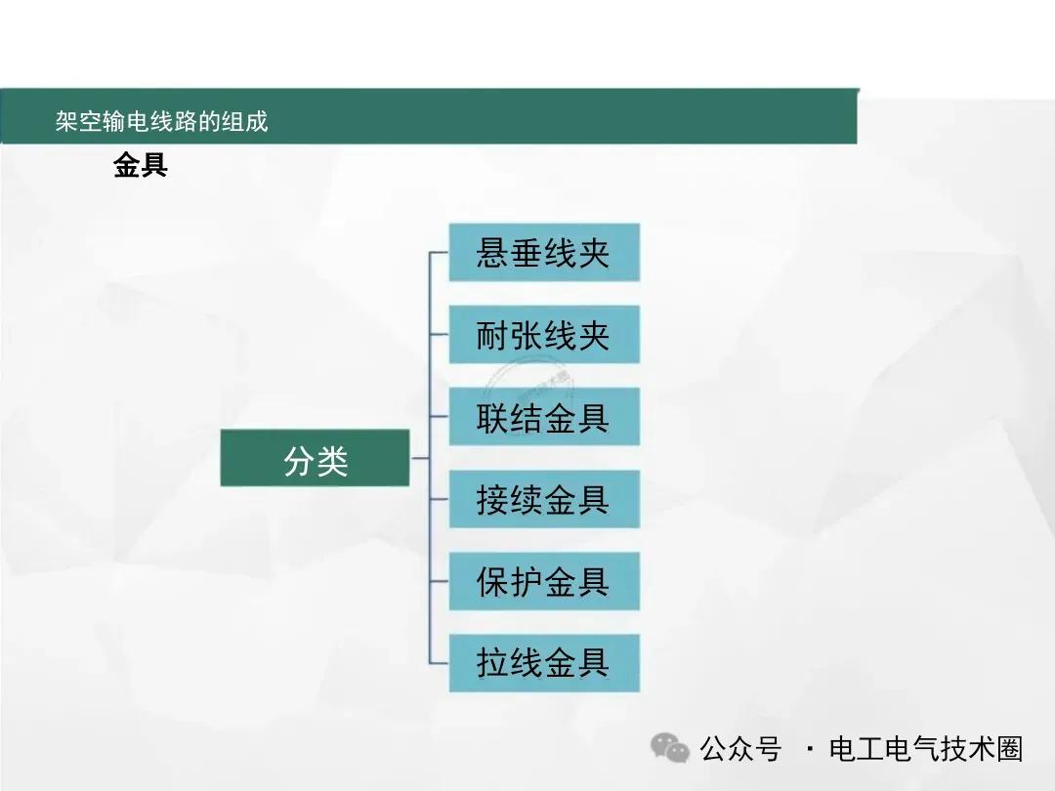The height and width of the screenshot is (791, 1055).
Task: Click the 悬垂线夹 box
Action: [x=544, y=253]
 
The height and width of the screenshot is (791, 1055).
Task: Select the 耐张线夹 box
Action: [x=544, y=335]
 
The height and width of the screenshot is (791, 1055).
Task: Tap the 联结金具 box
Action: [x=544, y=417]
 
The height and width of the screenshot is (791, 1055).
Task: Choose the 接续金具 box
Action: [x=544, y=499]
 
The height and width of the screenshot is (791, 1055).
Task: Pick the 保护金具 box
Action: [x=544, y=581]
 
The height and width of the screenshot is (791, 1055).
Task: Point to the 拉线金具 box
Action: [x=544, y=663]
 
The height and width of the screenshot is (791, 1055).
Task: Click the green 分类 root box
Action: [x=315, y=458]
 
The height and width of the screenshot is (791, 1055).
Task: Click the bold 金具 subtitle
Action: [x=141, y=166]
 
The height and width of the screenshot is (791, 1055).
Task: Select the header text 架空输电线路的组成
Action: [x=161, y=121]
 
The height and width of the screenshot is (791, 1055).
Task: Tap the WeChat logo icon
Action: [x=671, y=749]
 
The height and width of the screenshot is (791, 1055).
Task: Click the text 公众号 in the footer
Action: [x=740, y=749]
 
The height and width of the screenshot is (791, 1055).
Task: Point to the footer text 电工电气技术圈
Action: [x=925, y=749]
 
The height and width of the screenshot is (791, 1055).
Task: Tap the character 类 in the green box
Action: [x=332, y=459]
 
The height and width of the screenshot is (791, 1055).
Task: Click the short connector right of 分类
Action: [x=420, y=458]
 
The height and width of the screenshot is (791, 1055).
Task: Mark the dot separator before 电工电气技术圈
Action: [x=809, y=750]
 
